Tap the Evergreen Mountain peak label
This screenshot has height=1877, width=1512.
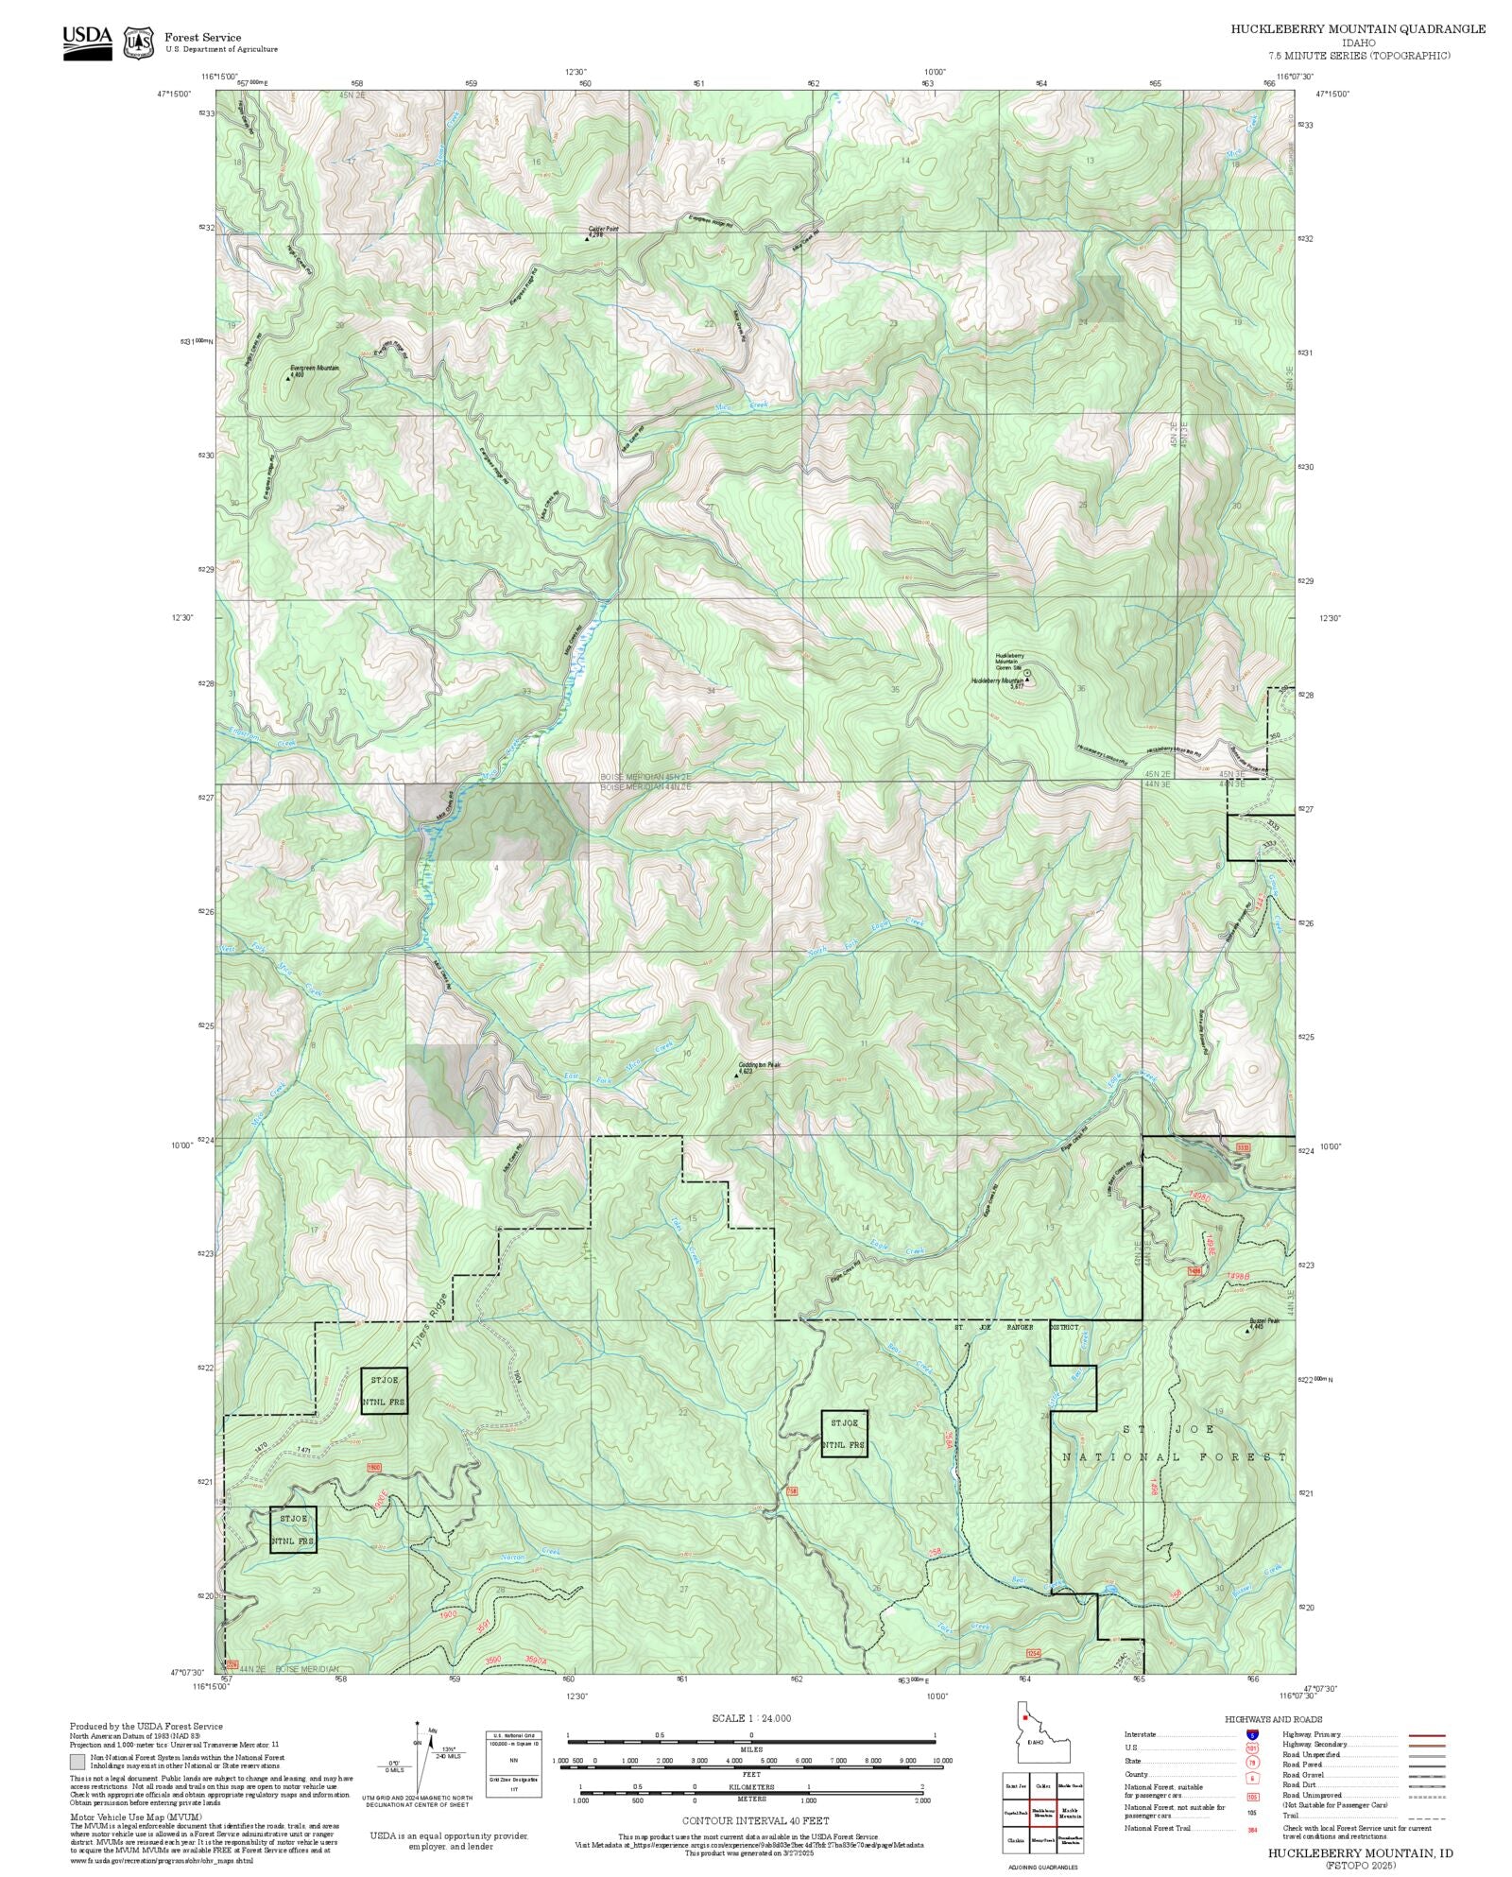[x=315, y=368]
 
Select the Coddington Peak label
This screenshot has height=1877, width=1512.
[x=760, y=1064]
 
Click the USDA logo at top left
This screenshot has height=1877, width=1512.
[x=87, y=42]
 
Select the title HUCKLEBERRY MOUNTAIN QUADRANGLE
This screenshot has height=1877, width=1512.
[x=1357, y=28]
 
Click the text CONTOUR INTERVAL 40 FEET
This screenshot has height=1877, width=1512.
[x=755, y=1819]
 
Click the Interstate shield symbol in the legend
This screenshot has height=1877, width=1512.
[x=1251, y=1735]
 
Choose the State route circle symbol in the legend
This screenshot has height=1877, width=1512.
[x=1251, y=1762]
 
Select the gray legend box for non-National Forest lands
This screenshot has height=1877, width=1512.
[x=77, y=1762]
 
